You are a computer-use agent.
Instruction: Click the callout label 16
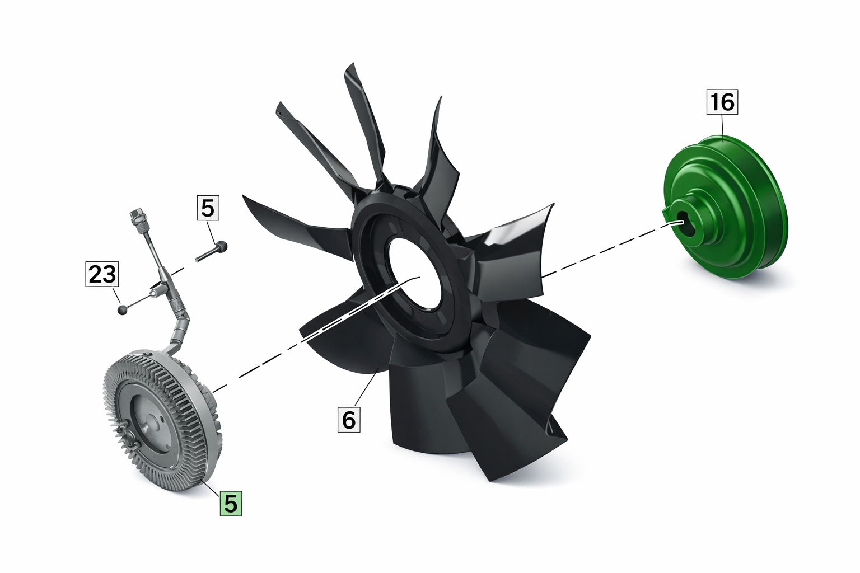tap(722, 102)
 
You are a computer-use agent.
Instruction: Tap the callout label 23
tap(102, 274)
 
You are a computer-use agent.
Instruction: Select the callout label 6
tap(349, 420)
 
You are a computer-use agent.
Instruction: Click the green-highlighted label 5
tap(231, 503)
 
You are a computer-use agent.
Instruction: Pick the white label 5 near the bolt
tap(208, 208)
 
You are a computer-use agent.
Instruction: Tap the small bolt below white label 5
tap(212, 251)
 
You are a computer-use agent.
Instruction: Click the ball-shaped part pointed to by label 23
tap(123, 309)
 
